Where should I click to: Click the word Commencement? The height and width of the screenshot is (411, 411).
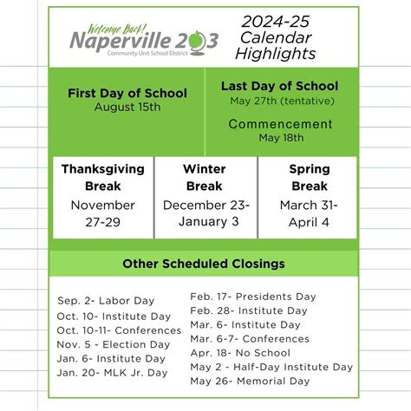(x=280, y=124)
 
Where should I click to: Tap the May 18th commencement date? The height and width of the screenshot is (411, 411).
(x=280, y=137)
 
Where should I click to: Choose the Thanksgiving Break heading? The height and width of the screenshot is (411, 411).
(x=102, y=176)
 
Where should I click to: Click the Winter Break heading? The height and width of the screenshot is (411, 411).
(x=205, y=176)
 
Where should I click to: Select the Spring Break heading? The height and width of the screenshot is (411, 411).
(x=309, y=176)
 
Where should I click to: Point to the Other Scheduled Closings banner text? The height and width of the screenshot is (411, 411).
(x=204, y=264)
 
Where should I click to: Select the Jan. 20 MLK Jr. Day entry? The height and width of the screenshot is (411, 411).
(x=111, y=372)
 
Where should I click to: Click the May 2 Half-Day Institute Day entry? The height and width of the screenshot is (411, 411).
(x=271, y=367)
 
